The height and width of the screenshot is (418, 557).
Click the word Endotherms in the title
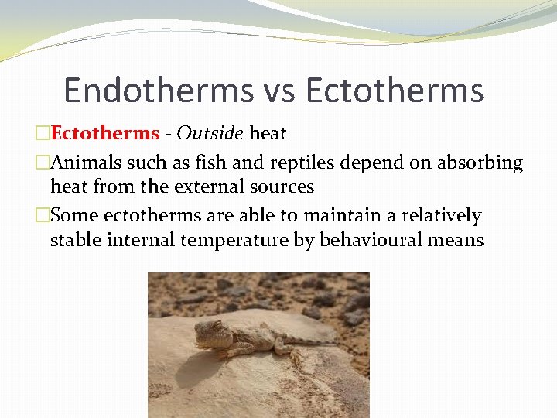tap(154, 90)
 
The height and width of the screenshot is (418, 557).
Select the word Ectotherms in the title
tap(395, 90)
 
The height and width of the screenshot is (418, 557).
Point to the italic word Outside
tap(210, 133)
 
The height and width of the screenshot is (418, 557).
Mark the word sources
tap(287, 187)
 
